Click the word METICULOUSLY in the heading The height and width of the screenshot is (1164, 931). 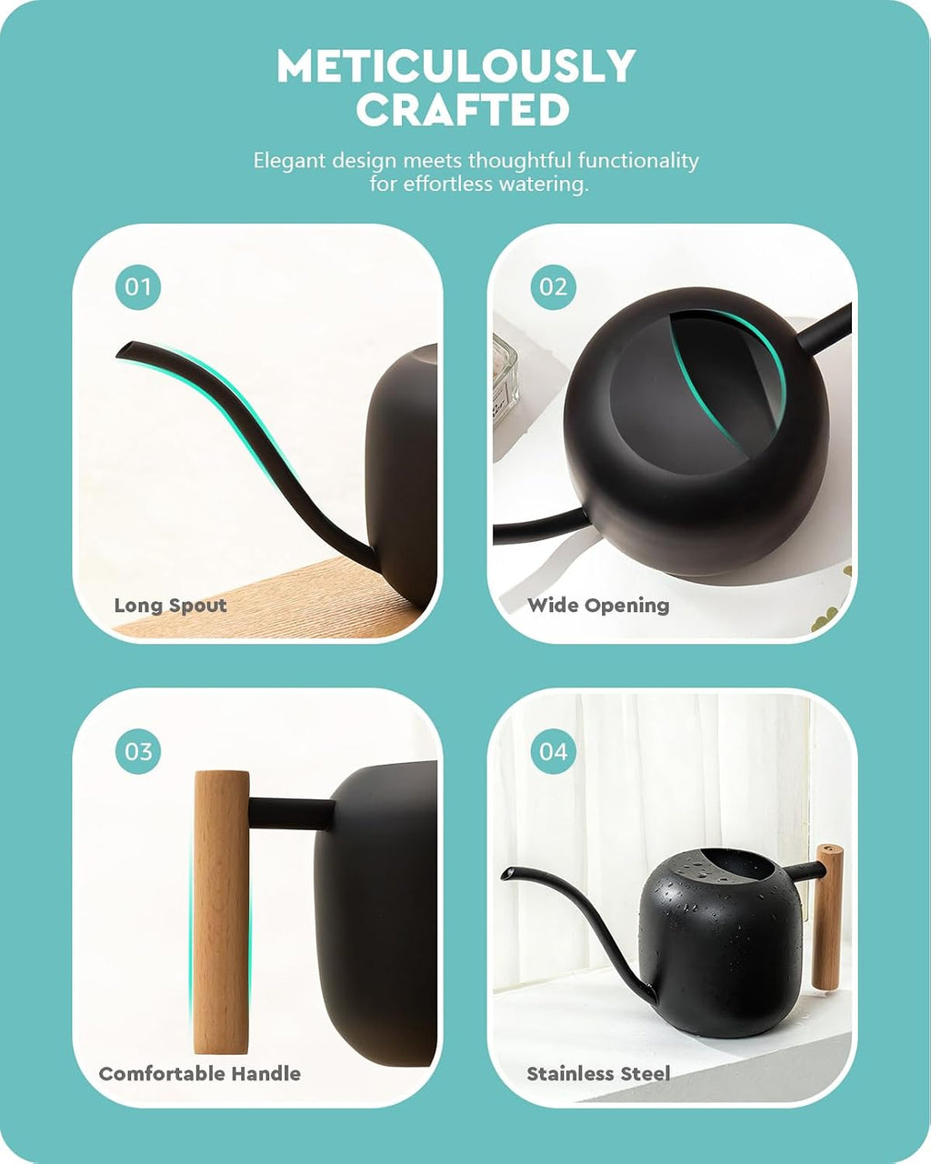[x=456, y=65]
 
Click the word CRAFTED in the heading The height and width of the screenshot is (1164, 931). [x=463, y=109]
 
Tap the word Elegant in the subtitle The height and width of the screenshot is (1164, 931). [x=289, y=161]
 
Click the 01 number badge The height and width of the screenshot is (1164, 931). [x=138, y=287]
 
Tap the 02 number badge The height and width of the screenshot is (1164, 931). [x=553, y=287]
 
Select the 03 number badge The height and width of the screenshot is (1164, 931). [x=138, y=751]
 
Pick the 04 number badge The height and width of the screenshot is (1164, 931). [x=553, y=751]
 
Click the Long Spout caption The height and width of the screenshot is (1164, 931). [x=170, y=606]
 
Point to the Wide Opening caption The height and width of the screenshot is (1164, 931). [x=598, y=606]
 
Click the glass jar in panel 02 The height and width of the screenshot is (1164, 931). [x=506, y=376]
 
